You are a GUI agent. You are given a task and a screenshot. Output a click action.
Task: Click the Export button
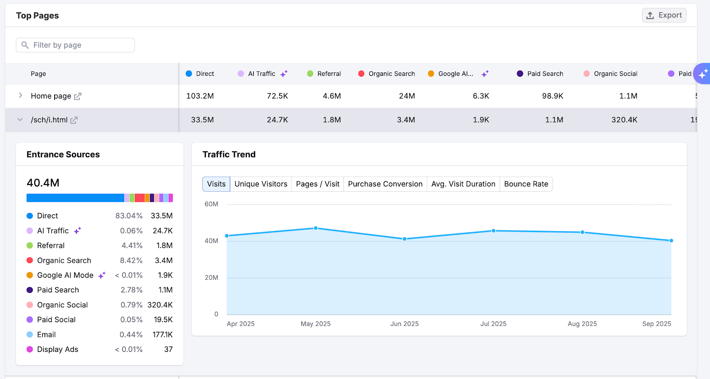(664, 16)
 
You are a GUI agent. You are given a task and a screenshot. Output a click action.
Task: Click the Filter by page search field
(75, 45)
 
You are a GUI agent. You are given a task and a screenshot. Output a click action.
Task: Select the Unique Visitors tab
(261, 184)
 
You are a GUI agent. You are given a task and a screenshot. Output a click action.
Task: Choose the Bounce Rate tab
(526, 184)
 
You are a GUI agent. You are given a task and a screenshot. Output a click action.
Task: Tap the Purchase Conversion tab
(385, 184)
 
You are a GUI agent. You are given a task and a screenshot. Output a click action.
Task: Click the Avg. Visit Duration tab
(463, 184)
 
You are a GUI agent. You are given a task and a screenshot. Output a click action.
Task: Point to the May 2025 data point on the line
(316, 228)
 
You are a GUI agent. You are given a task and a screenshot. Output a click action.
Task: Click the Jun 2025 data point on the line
(405, 239)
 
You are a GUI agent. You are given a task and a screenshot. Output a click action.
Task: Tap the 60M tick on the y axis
(211, 204)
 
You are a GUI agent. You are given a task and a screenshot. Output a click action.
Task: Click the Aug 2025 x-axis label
(582, 324)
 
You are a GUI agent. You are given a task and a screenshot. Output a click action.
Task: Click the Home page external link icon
(78, 96)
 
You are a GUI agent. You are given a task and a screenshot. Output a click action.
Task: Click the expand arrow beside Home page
(20, 95)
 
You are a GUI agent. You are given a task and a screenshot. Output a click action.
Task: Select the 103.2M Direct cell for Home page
(200, 96)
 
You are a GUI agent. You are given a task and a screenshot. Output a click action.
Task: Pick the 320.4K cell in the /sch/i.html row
(624, 120)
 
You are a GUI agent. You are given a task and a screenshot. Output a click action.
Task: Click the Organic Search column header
(391, 74)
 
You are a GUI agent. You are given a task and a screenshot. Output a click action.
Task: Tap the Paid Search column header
(545, 74)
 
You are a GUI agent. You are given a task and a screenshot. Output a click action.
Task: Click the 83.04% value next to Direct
(129, 216)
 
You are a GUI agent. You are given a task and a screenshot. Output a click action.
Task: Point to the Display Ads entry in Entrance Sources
(58, 350)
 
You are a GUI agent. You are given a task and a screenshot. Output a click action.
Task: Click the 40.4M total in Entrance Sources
(43, 183)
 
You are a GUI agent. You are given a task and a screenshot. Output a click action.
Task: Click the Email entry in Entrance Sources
(46, 335)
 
